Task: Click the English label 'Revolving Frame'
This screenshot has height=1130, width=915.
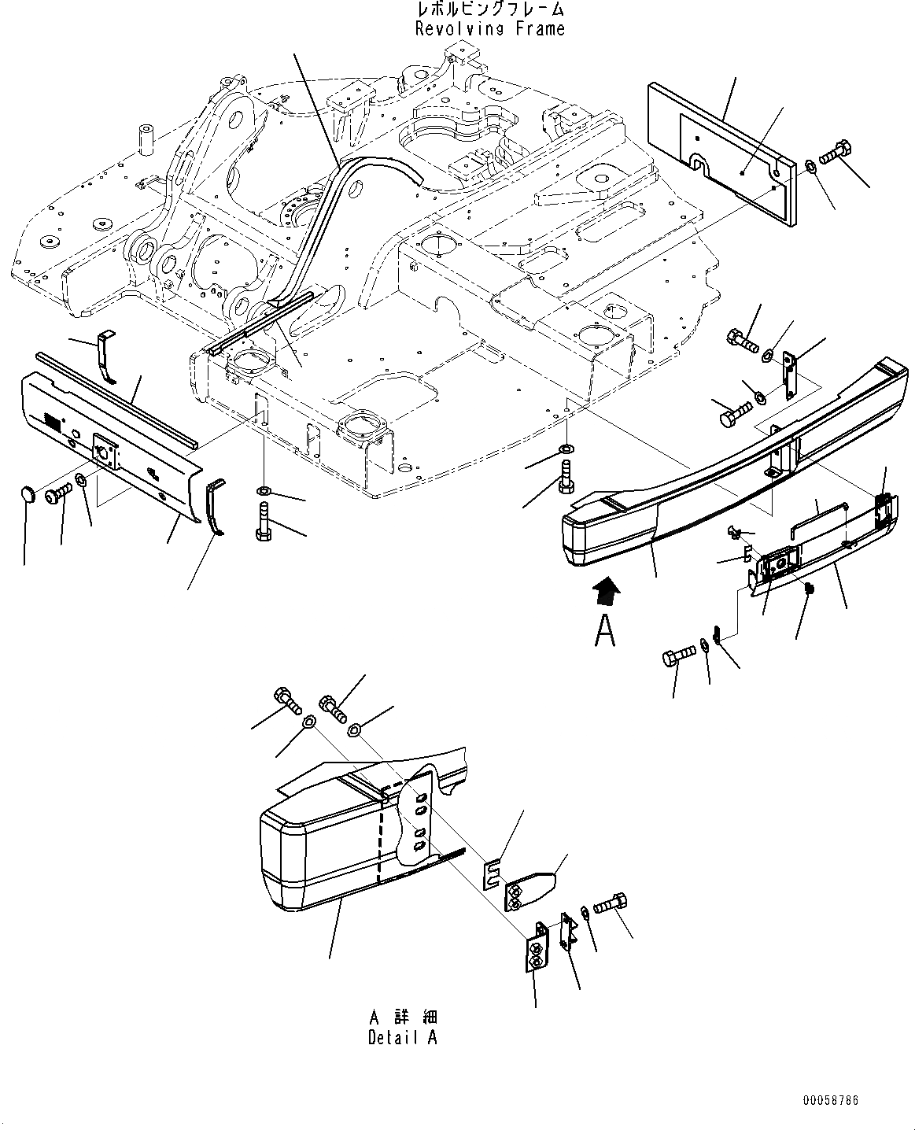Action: click(489, 29)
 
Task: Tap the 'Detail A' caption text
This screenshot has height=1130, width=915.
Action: click(402, 1037)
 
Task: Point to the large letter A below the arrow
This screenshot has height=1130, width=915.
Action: click(604, 631)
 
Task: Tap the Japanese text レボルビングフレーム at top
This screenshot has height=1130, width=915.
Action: click(489, 9)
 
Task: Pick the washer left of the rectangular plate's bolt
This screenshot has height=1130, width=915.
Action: click(811, 166)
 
